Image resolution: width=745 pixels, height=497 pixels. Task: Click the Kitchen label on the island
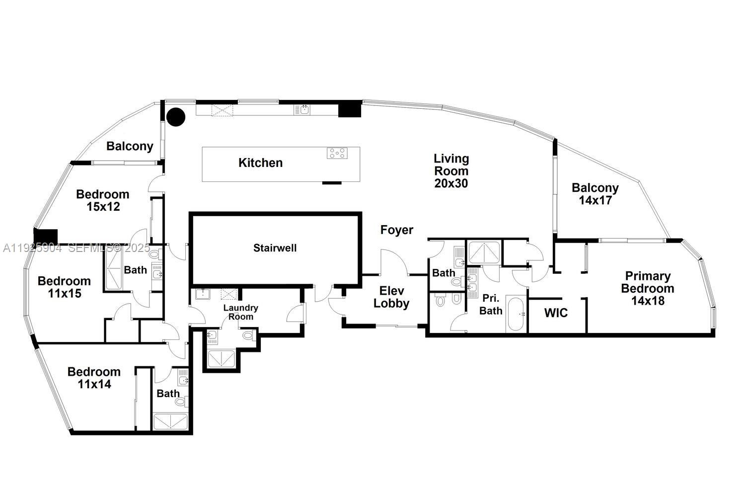coord(260,163)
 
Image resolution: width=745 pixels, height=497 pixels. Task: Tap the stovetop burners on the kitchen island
coord(337,154)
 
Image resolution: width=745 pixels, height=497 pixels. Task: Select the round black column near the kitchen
coord(175,117)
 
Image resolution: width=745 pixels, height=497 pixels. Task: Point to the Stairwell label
coord(275,248)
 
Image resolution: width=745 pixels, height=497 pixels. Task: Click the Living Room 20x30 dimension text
coord(451,183)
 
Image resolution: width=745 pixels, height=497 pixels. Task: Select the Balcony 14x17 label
coord(595,194)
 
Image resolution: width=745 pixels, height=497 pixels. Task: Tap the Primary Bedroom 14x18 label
coord(648,288)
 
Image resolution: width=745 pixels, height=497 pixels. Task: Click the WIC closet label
coord(556,313)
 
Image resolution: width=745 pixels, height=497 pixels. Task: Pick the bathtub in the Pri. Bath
coord(516,314)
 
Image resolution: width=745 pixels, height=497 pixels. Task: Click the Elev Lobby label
coord(391,297)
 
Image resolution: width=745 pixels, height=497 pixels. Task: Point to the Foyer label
coord(396,230)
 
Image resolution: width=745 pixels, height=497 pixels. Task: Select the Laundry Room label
coord(240,312)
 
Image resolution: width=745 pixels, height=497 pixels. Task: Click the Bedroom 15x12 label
coord(102,200)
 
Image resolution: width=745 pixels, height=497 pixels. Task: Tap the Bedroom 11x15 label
coord(64,287)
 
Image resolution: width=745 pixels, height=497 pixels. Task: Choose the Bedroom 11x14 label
coord(94,378)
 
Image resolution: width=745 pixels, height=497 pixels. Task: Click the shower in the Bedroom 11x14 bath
coord(170,421)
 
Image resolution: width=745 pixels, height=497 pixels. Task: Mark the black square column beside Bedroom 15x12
coord(46,236)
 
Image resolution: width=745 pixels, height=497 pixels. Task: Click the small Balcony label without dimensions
coord(130,146)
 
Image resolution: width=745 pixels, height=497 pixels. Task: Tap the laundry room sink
coord(203,294)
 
